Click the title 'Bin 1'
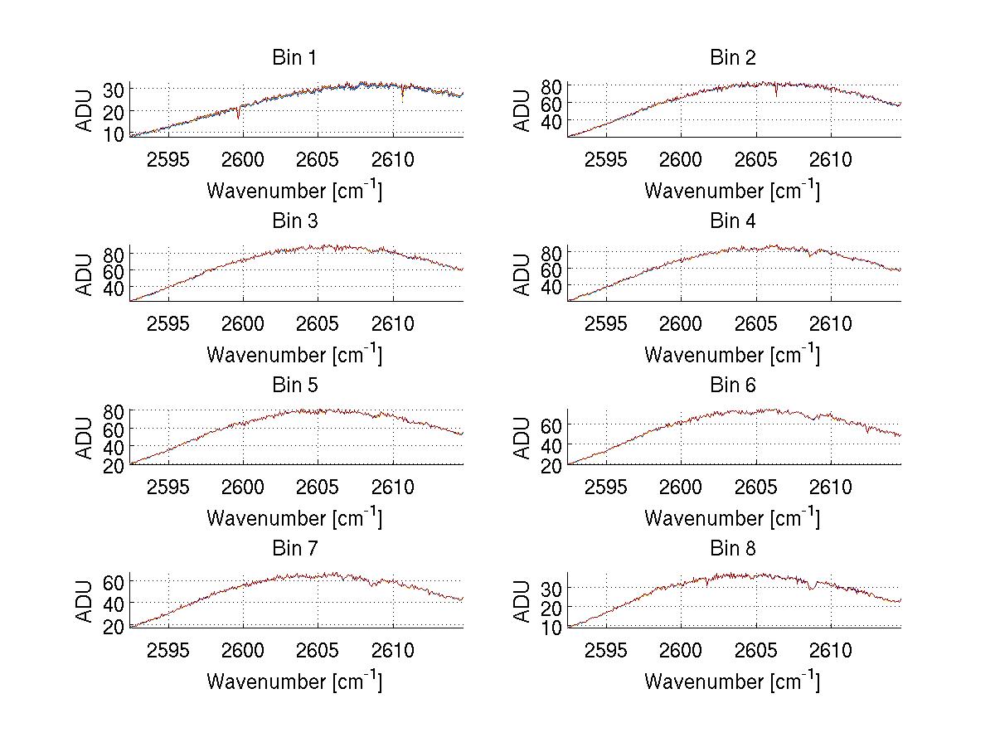294,58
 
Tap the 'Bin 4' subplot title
733,221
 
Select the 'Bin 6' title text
733,385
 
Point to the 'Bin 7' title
294,548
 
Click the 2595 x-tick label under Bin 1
168,160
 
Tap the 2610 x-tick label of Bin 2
831,160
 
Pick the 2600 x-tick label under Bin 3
243,323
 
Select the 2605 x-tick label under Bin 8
756,651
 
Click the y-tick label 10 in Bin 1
114,133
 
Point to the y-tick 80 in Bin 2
552,85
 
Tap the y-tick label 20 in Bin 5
114,465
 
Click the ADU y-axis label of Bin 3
85,274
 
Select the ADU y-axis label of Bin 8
522,601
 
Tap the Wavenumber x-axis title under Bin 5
294,518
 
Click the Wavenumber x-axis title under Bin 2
732,191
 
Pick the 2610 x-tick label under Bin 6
831,487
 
